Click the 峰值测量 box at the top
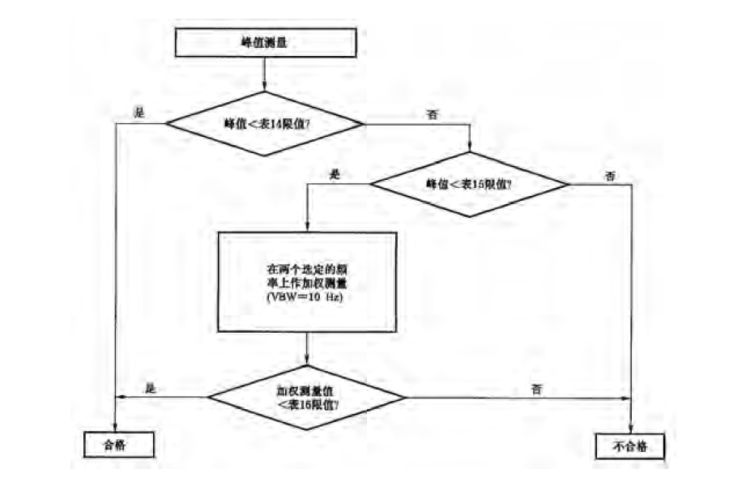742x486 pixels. point(265,44)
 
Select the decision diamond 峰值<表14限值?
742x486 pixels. point(265,124)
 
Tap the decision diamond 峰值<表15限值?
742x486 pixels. point(470,184)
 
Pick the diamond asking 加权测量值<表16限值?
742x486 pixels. point(306,397)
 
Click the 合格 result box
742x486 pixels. point(117,445)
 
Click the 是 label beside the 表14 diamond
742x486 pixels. point(139,113)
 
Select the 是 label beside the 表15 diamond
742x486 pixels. point(335,174)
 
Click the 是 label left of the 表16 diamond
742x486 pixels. point(149,388)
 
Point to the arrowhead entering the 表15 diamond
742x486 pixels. point(470,148)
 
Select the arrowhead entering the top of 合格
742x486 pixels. point(117,428)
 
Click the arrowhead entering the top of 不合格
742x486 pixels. point(631,430)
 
